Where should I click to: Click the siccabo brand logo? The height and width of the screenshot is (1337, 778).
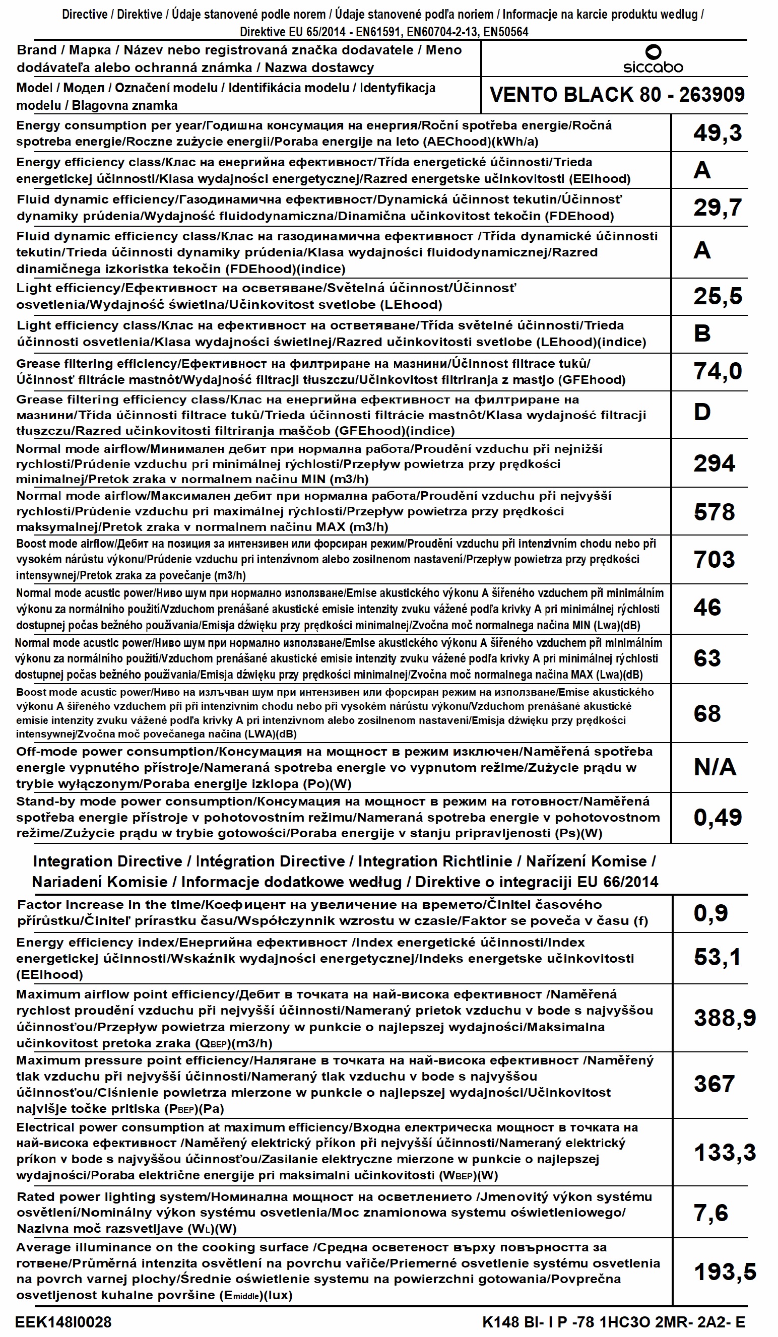point(653,59)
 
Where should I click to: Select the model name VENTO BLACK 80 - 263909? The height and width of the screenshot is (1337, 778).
point(617,95)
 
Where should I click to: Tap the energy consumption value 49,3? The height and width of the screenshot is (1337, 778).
point(718,133)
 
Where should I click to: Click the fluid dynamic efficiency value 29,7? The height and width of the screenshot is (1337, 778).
point(718,208)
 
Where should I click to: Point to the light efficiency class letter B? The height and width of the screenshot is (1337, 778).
point(702,333)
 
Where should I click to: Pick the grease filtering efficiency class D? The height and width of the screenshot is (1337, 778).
point(702,412)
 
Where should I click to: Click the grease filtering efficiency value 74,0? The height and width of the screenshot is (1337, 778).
point(718,371)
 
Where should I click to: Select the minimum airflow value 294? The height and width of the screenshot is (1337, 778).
point(715,463)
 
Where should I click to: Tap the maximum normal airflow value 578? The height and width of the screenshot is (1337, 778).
point(715,512)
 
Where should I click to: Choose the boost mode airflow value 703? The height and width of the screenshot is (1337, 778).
point(715,559)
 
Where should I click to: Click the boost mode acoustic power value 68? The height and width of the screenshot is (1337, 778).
point(707,714)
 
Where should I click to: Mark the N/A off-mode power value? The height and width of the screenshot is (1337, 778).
point(715,767)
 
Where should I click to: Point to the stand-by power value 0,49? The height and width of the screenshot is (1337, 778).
point(718,818)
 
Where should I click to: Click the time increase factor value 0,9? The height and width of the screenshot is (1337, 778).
point(711,914)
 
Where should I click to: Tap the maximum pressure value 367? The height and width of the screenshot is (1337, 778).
point(715,1084)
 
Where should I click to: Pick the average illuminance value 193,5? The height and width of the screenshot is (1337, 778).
point(725,1272)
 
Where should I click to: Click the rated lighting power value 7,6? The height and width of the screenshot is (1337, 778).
point(711,1213)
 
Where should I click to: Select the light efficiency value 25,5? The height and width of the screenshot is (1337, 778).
point(718,296)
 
